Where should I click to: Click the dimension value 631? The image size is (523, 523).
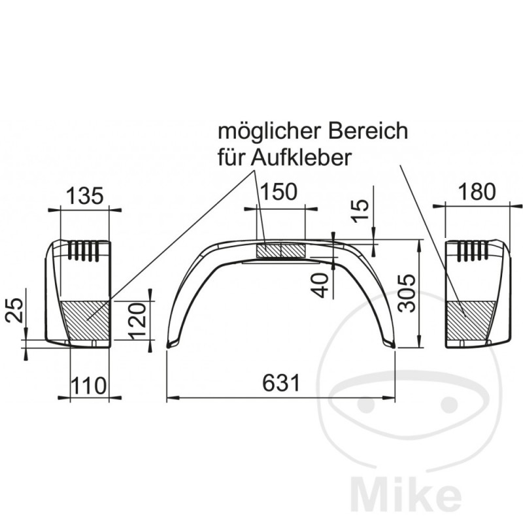coord(282,382)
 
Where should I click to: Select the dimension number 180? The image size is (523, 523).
coord(477,191)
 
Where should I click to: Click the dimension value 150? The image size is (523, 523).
coord(279,191)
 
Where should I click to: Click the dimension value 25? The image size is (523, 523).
coord(15,308)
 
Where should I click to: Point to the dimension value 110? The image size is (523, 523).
coord(88,385)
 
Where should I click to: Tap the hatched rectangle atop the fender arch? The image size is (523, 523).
coord(280,250)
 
